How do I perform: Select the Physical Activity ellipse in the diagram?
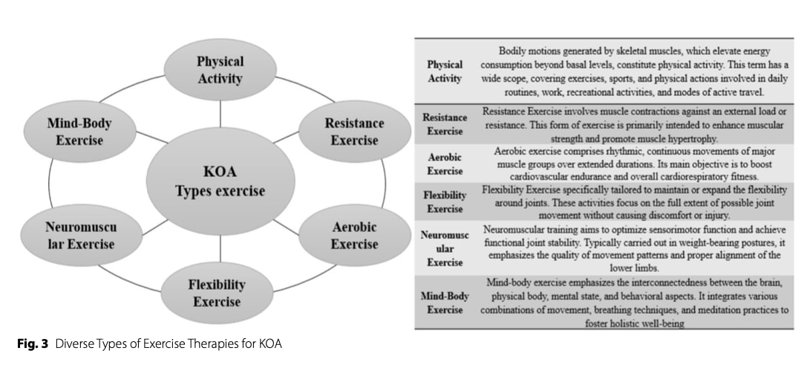219,69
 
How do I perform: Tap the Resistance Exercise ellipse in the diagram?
344,131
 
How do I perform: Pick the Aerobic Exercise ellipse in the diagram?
344,235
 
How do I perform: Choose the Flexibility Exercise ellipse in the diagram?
217,293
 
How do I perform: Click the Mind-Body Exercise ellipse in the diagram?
74,131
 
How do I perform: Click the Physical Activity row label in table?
445,71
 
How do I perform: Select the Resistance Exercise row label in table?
445,123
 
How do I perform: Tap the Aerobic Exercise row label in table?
445,164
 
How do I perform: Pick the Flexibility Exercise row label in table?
445,201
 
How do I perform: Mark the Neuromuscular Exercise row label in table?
445,248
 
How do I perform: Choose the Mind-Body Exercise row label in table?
445,302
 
